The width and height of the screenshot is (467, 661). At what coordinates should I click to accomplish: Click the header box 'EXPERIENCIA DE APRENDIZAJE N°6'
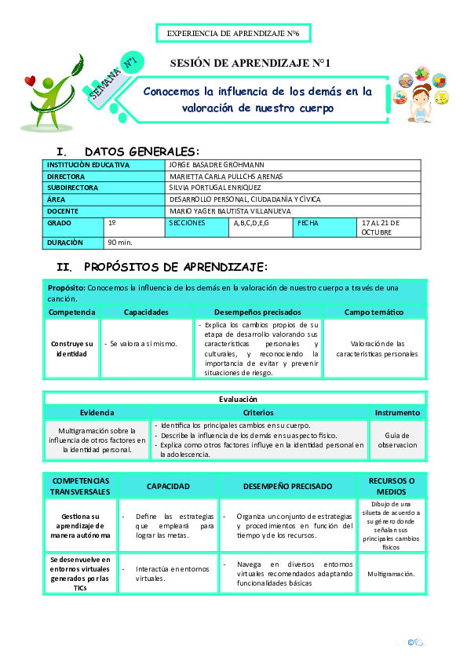(x=234, y=33)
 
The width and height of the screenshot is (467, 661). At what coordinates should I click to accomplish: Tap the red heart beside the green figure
(x=31, y=80)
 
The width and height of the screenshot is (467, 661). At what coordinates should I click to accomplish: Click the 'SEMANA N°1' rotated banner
(x=115, y=79)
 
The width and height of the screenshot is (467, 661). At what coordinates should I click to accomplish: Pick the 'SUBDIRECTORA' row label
(x=73, y=188)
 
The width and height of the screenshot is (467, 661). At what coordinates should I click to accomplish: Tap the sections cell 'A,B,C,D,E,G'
(x=251, y=223)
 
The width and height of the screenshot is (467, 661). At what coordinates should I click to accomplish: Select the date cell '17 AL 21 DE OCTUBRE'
(x=381, y=227)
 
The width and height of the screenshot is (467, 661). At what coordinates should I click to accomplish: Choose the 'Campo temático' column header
(x=374, y=312)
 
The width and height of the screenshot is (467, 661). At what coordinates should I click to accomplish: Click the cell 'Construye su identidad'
(x=71, y=349)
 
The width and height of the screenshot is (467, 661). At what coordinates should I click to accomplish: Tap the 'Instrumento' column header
(x=397, y=412)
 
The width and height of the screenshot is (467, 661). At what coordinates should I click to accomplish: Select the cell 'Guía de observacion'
(x=397, y=439)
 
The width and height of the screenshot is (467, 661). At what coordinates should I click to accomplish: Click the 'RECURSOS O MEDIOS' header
(x=396, y=486)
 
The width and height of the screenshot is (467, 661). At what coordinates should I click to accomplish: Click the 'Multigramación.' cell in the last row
(x=391, y=574)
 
